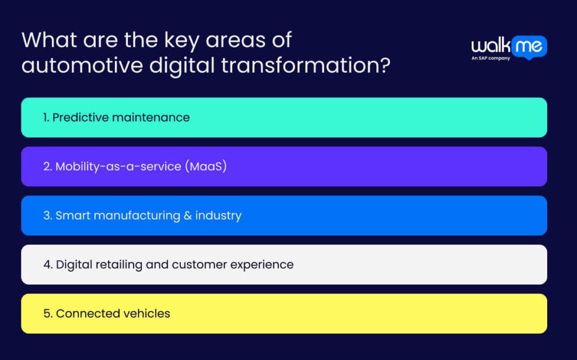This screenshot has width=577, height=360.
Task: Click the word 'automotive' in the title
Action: [x=82, y=65]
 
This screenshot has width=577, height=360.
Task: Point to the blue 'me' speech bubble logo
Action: [x=529, y=47]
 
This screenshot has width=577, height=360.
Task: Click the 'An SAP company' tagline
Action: [x=491, y=58]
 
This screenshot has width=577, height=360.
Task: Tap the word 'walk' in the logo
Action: [x=491, y=46]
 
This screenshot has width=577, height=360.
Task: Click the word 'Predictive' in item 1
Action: [x=81, y=117]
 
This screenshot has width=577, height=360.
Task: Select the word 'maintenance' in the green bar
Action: [x=151, y=118]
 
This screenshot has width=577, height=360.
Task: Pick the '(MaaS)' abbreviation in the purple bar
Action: [x=206, y=166]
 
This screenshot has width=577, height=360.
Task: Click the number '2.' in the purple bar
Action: [x=48, y=167]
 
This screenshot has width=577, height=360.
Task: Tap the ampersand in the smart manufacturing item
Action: [x=188, y=216]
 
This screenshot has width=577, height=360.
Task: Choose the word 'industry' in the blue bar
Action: [x=218, y=216]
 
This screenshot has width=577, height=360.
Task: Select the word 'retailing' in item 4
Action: [x=119, y=265]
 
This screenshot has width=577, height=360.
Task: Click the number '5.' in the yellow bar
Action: [x=48, y=314]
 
